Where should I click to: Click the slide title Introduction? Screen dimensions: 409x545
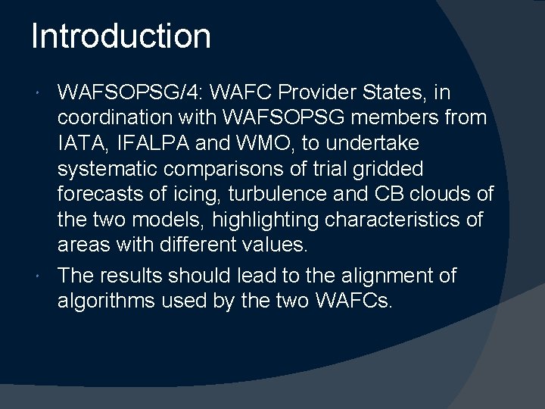pyautogui.click(x=121, y=36)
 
